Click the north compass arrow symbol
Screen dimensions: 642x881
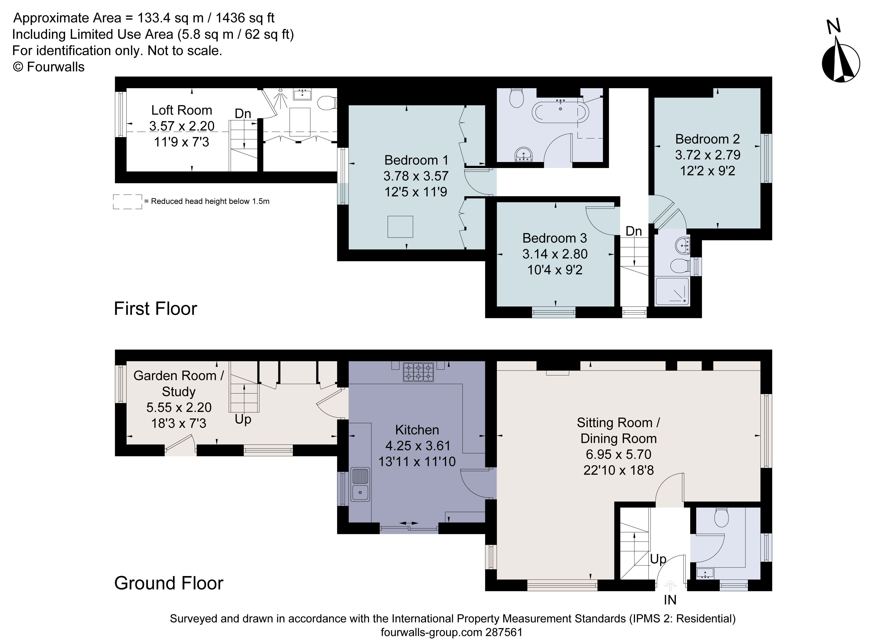point(841,62)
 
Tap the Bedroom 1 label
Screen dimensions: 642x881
point(416,160)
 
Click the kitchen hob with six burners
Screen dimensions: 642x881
point(418,372)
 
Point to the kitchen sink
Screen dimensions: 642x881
point(360,484)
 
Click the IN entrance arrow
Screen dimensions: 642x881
point(670,586)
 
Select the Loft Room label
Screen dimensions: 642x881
point(182,111)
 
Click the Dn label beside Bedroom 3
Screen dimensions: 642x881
point(634,231)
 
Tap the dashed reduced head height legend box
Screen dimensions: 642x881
point(127,201)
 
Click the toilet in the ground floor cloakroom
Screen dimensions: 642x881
point(721,517)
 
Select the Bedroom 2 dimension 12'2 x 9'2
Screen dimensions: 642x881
point(707,171)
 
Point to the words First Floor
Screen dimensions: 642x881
point(155,309)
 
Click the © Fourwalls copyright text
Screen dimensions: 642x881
point(49,67)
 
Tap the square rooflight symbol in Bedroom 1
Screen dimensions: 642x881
point(400,227)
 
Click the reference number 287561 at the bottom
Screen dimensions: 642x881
point(504,632)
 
